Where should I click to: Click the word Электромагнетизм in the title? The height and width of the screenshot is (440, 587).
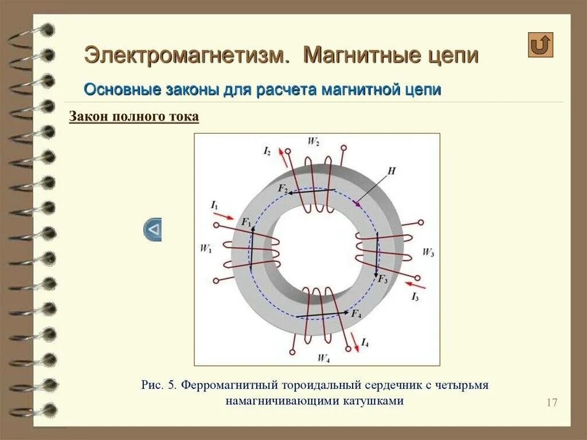[x=185, y=55]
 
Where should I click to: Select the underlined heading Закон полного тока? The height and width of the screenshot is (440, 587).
[x=134, y=117]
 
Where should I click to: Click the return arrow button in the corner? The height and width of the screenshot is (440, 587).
[x=540, y=45]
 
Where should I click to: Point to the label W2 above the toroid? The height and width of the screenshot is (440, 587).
[x=314, y=142]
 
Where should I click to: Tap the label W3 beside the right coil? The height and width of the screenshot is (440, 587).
[x=428, y=252]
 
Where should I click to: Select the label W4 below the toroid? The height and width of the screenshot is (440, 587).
[x=323, y=358]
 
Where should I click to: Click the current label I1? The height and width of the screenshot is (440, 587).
[x=214, y=205]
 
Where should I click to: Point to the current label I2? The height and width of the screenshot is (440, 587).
[x=267, y=151]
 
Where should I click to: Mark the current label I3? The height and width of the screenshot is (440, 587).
[x=415, y=297]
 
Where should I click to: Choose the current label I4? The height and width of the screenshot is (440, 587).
[x=365, y=343]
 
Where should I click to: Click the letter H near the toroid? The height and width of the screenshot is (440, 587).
[x=392, y=171]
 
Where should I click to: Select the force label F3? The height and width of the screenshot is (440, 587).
[x=382, y=279]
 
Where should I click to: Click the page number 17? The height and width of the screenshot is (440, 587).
[x=551, y=402]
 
